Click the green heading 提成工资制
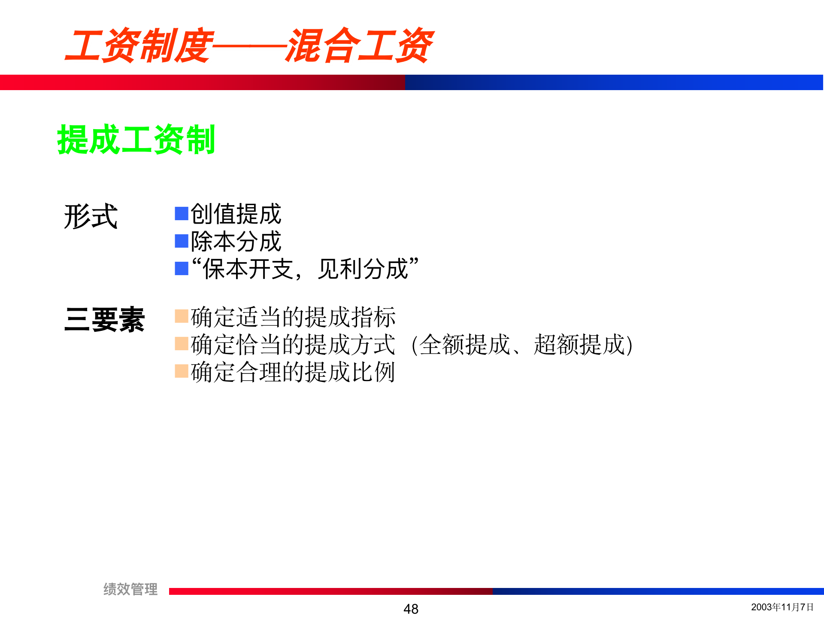136,139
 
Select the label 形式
91,216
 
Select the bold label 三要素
104,320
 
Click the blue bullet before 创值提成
182,213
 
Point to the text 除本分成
236,241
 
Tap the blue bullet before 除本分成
182,241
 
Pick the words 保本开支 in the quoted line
248,269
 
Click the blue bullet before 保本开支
182,269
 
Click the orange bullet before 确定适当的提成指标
182,316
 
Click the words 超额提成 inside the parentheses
579,345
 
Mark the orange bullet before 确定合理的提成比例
182,371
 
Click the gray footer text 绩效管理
130,589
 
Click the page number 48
411,609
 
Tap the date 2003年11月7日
782,607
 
